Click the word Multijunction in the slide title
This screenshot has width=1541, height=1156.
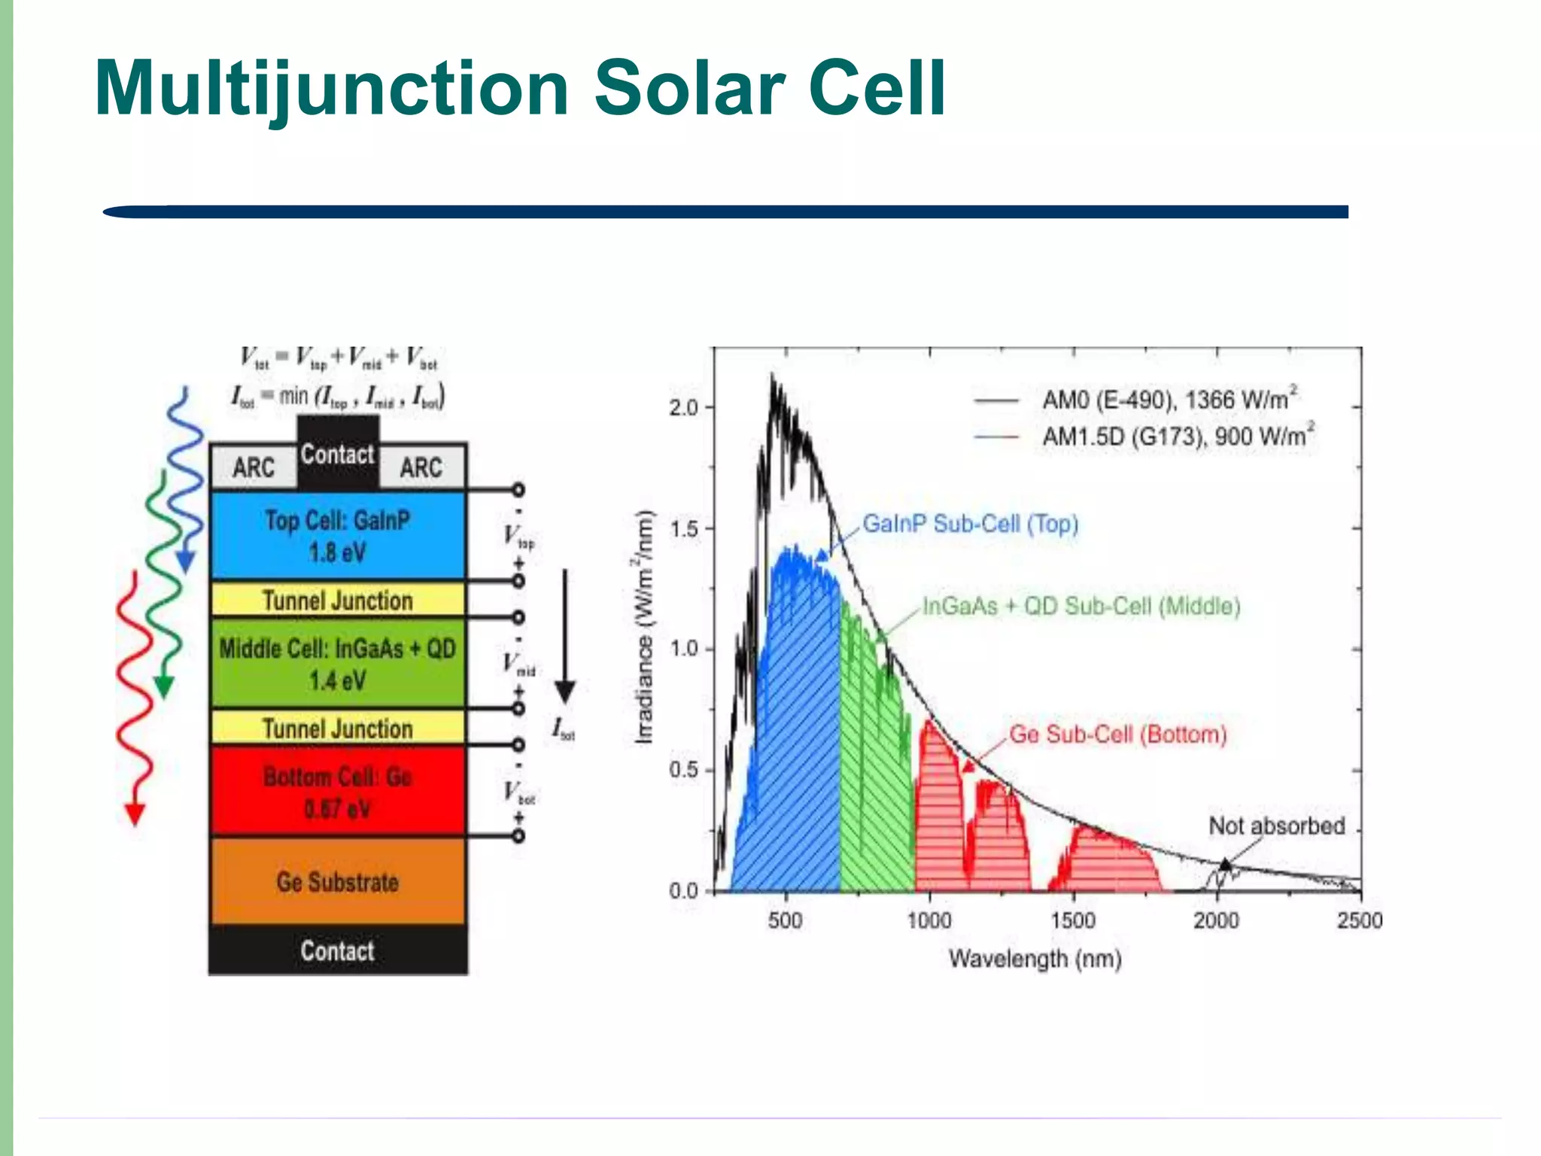coord(331,89)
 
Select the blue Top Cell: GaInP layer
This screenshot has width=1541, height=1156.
coord(338,536)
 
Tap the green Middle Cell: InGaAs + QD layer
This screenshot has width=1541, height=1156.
coord(338,663)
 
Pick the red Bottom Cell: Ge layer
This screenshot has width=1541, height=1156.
coord(338,792)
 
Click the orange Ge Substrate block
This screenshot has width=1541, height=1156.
coord(338,881)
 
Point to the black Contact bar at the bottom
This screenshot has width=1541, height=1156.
coord(338,951)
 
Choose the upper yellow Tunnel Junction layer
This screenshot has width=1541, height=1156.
coord(338,601)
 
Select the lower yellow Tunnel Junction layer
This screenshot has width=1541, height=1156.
coord(338,729)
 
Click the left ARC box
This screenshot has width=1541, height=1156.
coord(254,467)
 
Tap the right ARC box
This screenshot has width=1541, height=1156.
coord(421,467)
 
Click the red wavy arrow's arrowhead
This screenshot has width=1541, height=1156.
coord(135,814)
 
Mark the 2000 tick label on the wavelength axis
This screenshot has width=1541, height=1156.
coord(1216,920)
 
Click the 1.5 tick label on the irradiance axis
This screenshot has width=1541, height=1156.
coord(684,529)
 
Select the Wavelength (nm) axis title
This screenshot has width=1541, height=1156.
coord(1035,960)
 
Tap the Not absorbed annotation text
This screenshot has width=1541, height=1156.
coord(1276,826)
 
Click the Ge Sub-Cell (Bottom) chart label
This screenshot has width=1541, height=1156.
coord(1117,735)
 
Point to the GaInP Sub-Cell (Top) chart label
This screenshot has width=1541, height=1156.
coord(970,524)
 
